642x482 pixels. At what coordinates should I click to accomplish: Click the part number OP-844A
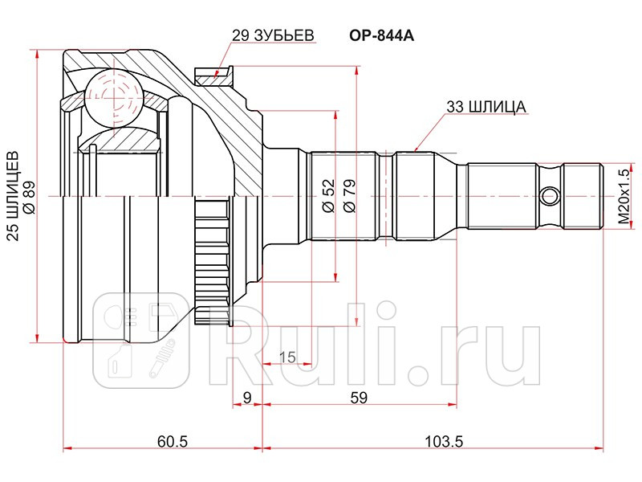pos(381,36)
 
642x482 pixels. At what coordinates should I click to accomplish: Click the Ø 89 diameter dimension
pos(30,195)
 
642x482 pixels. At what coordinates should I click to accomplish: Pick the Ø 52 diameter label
pos(327,195)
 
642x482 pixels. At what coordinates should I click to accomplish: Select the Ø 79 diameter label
pos(349,195)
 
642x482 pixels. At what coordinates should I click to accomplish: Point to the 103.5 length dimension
pos(438,440)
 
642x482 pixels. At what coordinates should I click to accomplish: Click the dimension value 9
pos(247,396)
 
